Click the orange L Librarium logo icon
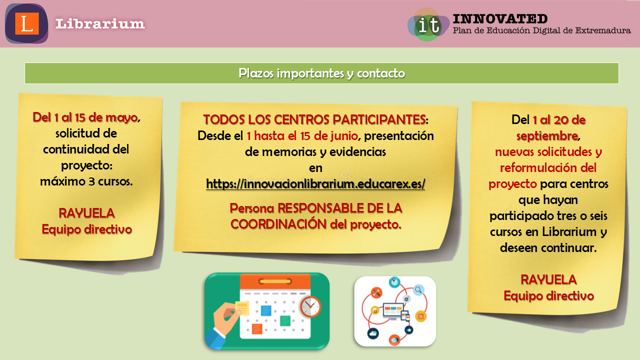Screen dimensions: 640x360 pos(26,23)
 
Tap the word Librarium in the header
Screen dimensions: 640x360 pos(100,23)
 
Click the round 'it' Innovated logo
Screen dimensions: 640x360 pos(428,25)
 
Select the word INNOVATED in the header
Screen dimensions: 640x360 pos(500,19)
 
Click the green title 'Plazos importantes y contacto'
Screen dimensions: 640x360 pos(321,73)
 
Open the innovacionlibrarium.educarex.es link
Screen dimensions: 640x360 pos(315,183)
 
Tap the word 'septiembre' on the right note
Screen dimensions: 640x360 pos(547,136)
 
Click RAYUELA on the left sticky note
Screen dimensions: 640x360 pos(86,213)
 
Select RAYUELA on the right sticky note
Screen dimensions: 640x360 pos(548,279)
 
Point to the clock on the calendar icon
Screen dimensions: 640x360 pos(310,307)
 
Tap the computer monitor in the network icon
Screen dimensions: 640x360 pos(393,311)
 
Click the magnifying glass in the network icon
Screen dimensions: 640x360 pos(418,290)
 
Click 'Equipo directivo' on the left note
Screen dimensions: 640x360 pos(87,229)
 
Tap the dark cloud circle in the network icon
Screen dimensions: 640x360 pos(373,333)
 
